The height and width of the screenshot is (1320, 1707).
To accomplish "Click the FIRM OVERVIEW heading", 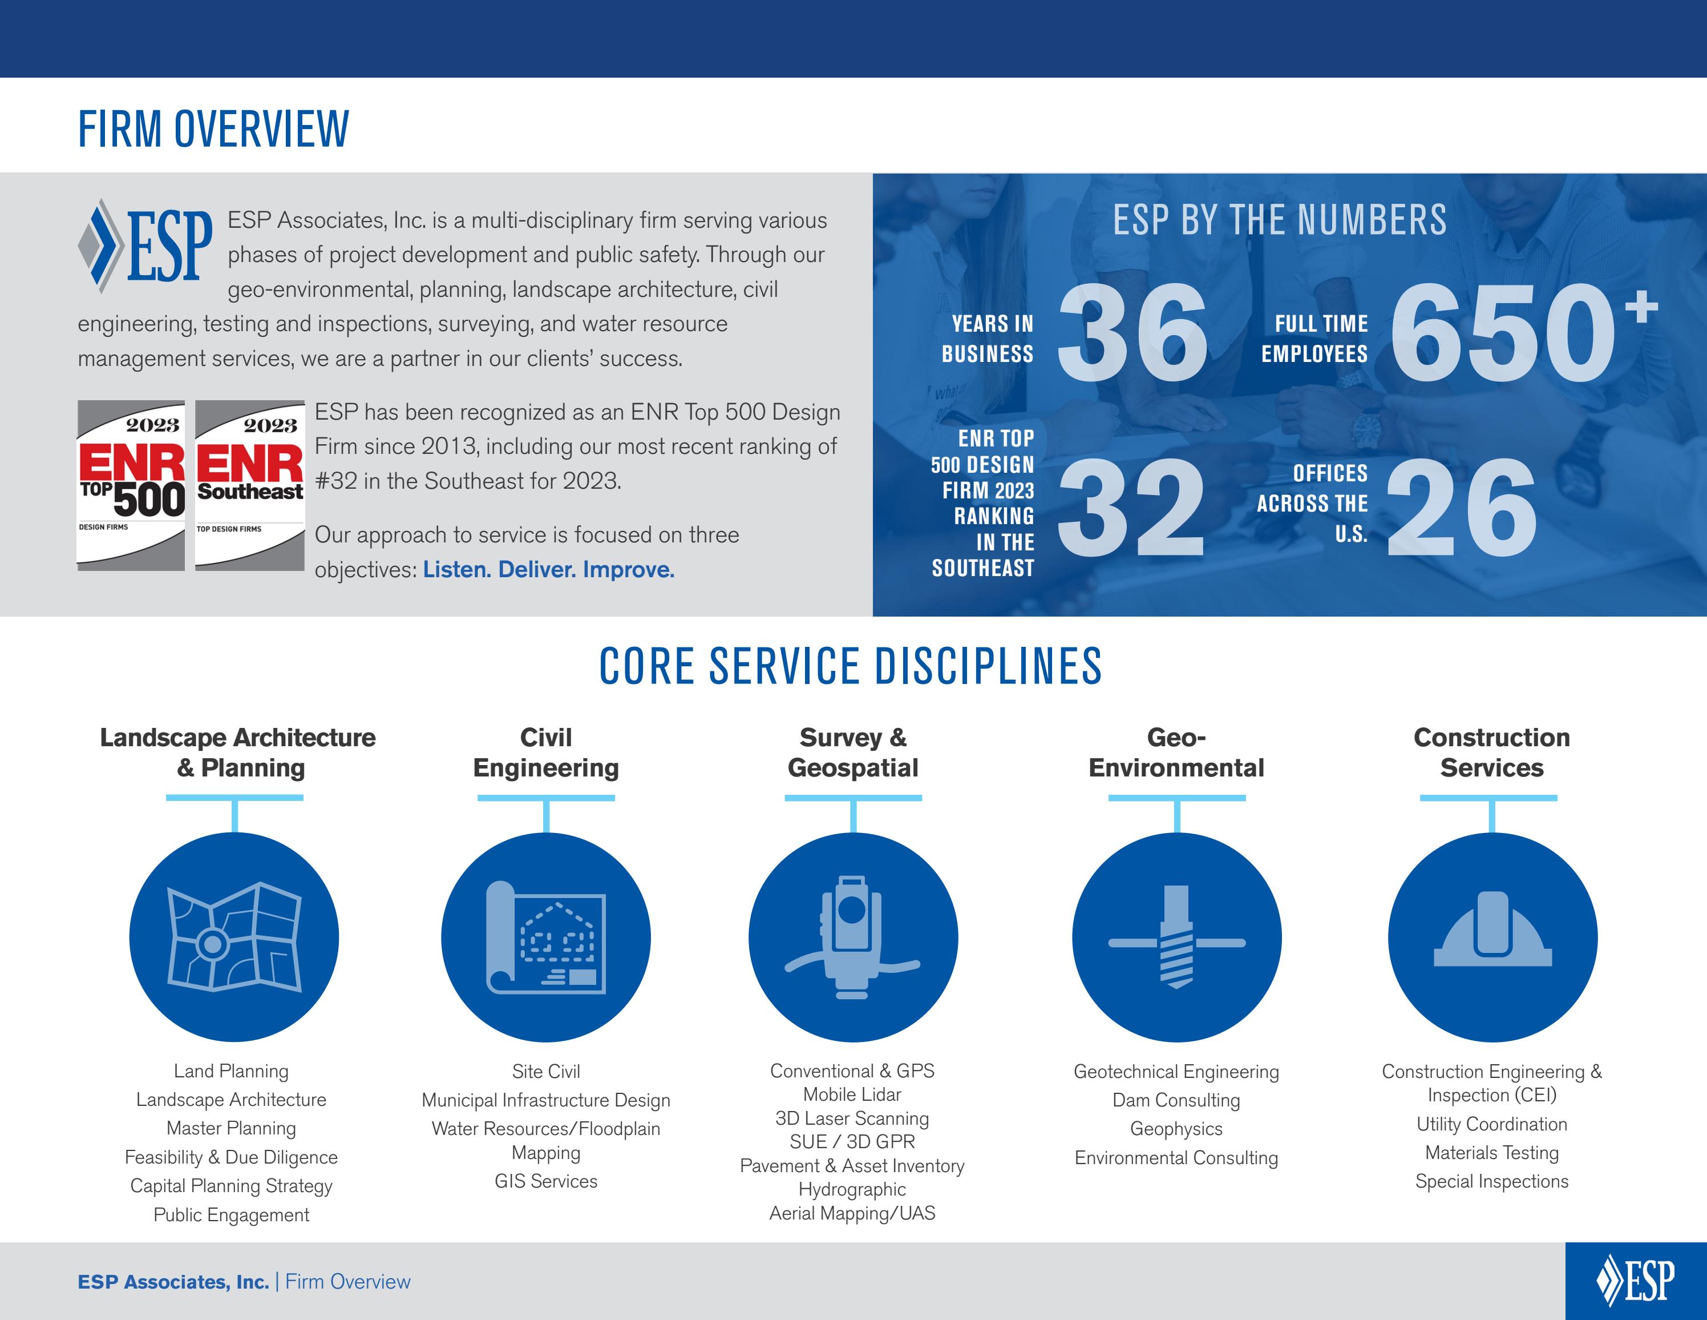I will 213,129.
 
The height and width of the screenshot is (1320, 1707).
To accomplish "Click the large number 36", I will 1132,333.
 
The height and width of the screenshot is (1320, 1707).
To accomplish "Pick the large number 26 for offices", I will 1462,508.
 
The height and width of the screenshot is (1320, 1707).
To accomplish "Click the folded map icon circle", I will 234,937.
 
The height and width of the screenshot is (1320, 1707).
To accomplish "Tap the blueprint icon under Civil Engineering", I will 545,937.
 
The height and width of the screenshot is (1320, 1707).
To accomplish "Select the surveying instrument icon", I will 853,937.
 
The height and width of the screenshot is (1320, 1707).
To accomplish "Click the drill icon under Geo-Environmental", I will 1176,937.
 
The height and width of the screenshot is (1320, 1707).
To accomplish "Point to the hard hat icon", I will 1492,937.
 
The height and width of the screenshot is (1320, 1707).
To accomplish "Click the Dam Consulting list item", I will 1176,1100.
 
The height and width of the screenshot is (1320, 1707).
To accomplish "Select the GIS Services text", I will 545,1181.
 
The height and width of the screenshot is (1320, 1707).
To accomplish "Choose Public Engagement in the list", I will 232,1214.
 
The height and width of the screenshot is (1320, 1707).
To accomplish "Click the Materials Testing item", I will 1491,1153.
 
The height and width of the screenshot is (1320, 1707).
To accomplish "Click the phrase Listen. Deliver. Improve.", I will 549,569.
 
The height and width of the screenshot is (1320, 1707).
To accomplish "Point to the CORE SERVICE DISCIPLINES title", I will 851,666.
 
